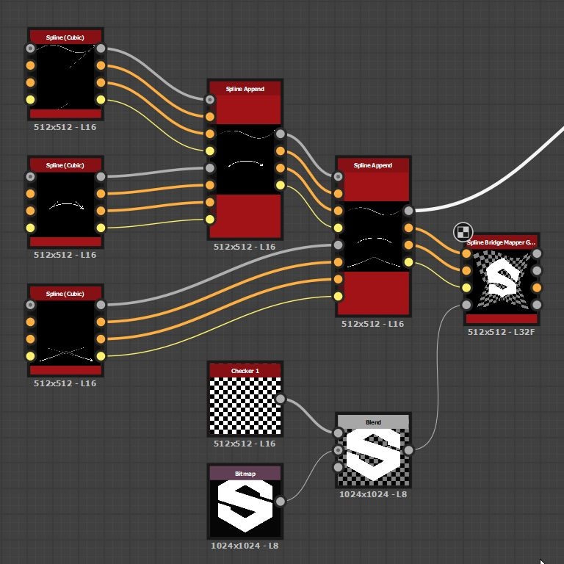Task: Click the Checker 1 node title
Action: (245, 371)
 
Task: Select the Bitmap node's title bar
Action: (245, 474)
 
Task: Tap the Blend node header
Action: (373, 422)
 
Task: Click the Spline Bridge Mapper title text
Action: (501, 242)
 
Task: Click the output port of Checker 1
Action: (280, 399)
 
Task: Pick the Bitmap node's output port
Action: (280, 502)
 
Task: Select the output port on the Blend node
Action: (408, 450)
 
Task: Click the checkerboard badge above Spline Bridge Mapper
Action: (462, 232)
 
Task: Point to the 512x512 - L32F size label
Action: (502, 332)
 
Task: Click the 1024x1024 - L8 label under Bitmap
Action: (245, 546)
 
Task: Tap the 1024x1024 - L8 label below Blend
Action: (373, 494)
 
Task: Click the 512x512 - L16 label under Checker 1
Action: (245, 443)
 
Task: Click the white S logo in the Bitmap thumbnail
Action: (245, 507)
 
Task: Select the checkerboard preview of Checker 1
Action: (245, 405)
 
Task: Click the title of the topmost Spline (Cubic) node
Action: (65, 37)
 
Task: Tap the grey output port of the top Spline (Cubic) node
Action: (101, 49)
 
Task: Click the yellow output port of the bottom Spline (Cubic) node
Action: (101, 356)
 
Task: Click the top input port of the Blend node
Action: (339, 433)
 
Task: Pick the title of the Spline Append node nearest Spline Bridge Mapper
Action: (372, 165)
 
